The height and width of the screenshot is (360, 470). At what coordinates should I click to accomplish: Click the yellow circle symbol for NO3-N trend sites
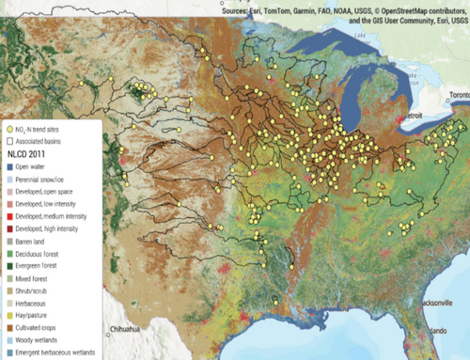[x=9, y=129]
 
